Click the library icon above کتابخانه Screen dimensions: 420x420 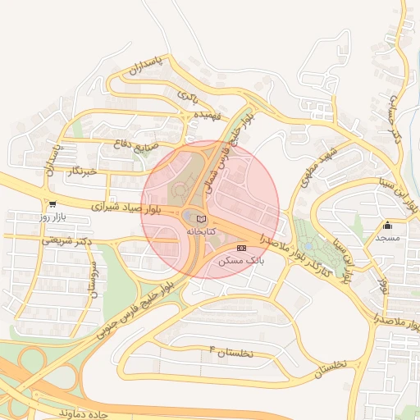coord(202,219)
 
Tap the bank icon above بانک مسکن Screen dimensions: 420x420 coord(241,247)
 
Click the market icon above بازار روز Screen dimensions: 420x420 coord(52,204)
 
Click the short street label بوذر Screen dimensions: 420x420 coord(382,285)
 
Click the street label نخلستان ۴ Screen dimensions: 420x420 coord(233,353)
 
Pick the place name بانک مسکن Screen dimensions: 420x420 coord(240,260)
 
